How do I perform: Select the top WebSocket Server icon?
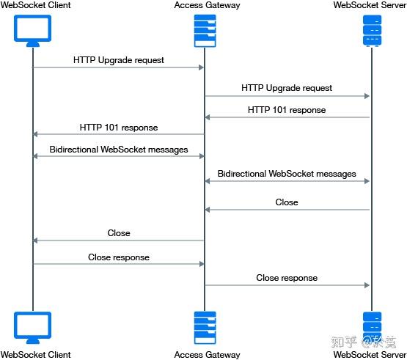point(372,30)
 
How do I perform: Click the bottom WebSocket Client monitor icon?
point(32,327)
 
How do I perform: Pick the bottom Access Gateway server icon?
point(205,327)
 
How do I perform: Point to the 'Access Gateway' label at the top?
point(206,6)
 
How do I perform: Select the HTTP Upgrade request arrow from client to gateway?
point(118,67)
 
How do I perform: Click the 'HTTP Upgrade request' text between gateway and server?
point(287,88)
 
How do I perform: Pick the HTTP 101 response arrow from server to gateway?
point(287,117)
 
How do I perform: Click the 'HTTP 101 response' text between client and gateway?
point(119,128)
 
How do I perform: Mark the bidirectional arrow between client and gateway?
point(118,156)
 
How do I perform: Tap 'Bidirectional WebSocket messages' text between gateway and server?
point(287,174)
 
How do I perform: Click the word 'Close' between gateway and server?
point(287,202)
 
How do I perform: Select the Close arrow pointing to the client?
point(118,240)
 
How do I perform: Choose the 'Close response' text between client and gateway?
point(119,257)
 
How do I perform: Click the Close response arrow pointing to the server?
point(287,285)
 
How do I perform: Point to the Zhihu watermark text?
point(364,341)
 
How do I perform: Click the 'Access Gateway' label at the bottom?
point(206,355)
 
